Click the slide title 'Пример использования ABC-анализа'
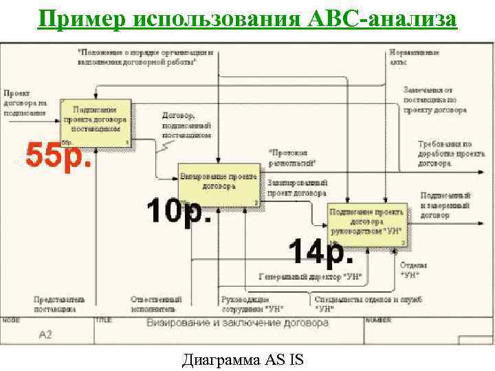pos(247,19)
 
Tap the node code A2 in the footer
pos(45,335)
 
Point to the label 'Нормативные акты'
pos(411,56)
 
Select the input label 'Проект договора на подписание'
pos(25,103)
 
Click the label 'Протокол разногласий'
pos(292,157)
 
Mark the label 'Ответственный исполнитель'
pos(156,304)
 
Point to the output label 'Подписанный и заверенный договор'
pos(445,205)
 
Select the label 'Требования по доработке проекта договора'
pos(445,153)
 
